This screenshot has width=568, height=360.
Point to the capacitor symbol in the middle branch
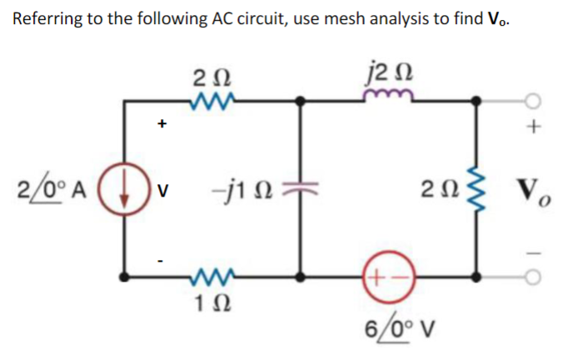(x=301, y=187)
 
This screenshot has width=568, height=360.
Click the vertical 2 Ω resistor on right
(x=476, y=186)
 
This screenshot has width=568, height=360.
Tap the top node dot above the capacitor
(x=301, y=102)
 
